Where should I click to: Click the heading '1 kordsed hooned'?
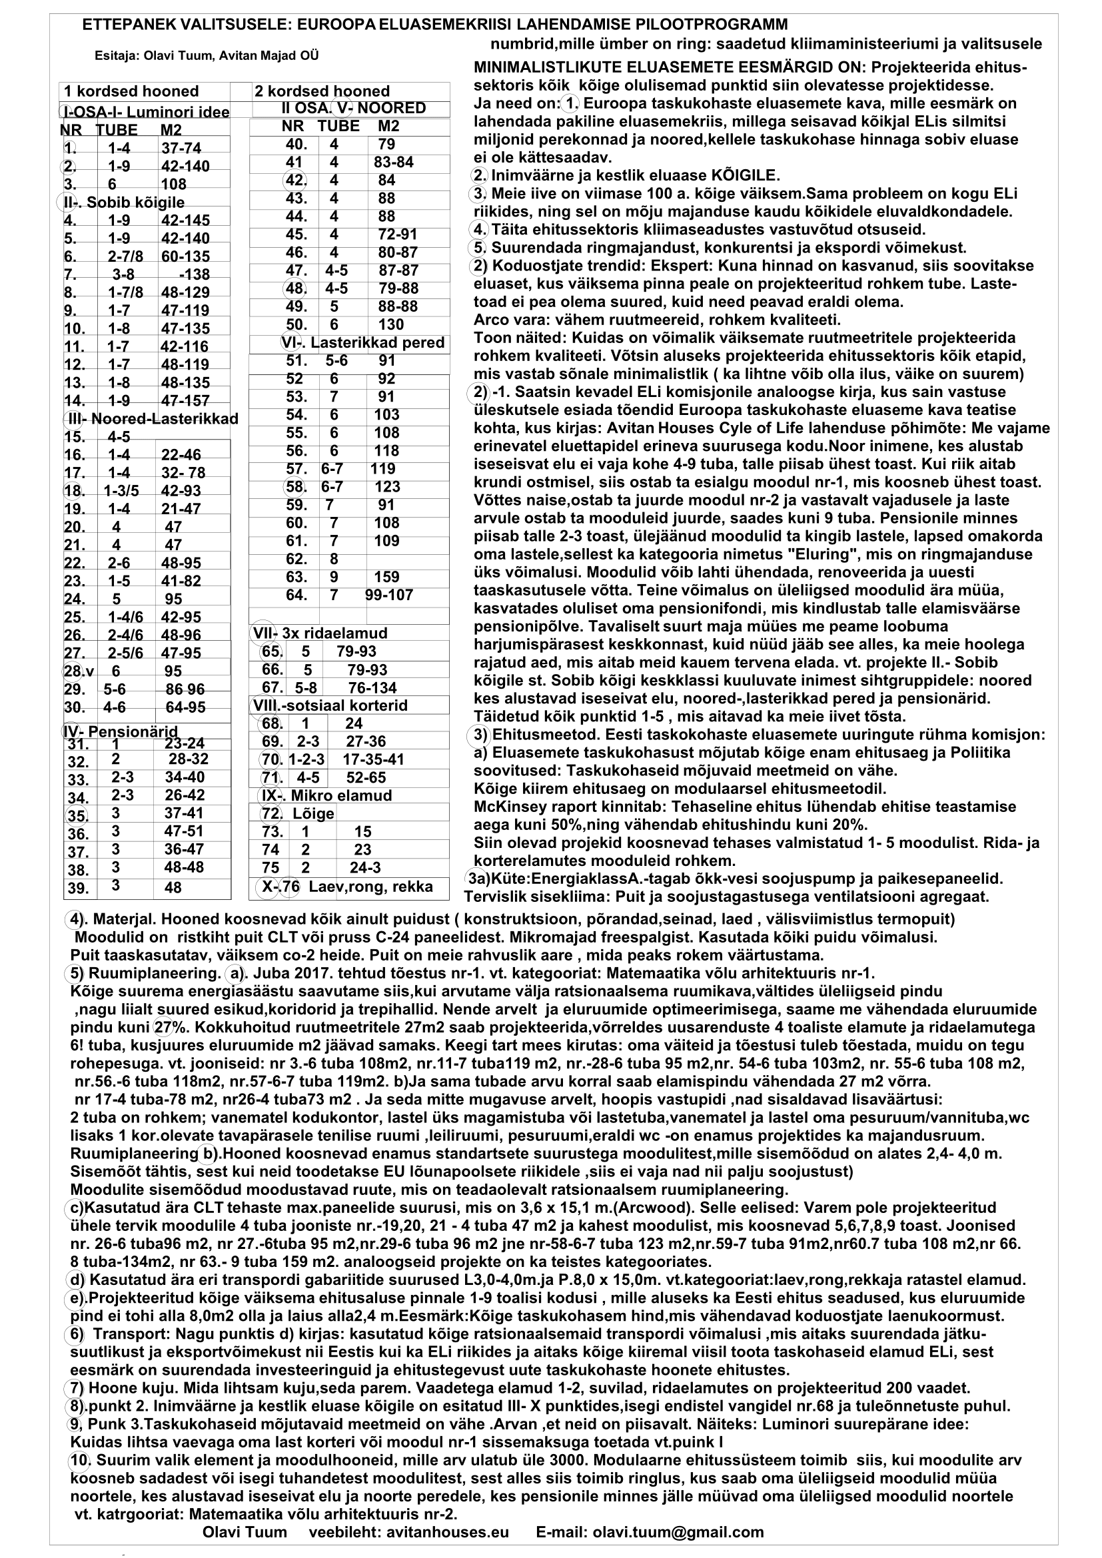131,92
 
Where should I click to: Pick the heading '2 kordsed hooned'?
322,92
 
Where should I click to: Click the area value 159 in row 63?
386,577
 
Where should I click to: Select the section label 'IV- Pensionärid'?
120,731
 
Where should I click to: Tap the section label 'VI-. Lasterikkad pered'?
362,342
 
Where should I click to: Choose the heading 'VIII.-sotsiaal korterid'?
330,705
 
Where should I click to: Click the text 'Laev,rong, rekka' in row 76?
370,886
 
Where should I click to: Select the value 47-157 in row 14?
185,400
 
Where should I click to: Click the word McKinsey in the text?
506,807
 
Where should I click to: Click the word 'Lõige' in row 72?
314,813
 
